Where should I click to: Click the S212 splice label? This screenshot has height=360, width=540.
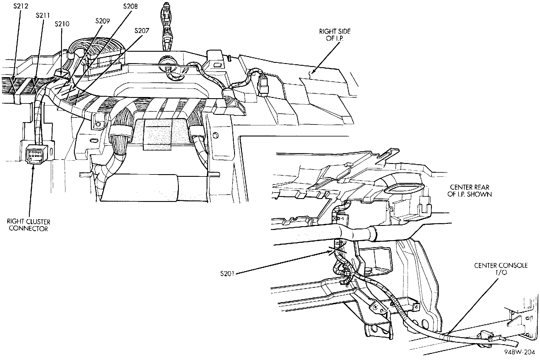pos(20,6)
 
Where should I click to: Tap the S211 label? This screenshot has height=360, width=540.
pos(43,15)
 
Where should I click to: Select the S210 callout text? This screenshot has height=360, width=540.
pos(62,24)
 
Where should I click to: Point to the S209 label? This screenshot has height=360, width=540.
pos(103,21)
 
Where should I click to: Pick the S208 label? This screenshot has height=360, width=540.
pos(130,6)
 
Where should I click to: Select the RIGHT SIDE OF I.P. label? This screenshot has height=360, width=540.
pos(335,34)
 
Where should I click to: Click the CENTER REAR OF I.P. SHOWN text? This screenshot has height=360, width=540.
pos(470,190)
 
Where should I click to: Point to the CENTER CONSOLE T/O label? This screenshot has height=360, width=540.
pos(501,269)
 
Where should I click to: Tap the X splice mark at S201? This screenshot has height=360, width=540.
pos(338,251)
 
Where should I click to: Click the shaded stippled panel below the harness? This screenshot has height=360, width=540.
pos(158,134)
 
